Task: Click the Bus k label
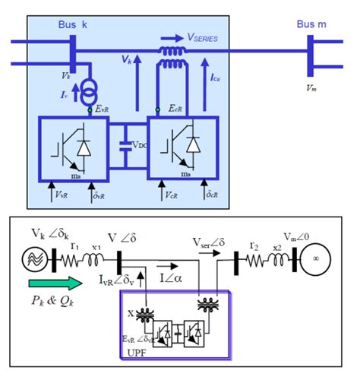(73, 24)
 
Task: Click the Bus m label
(312, 24)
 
